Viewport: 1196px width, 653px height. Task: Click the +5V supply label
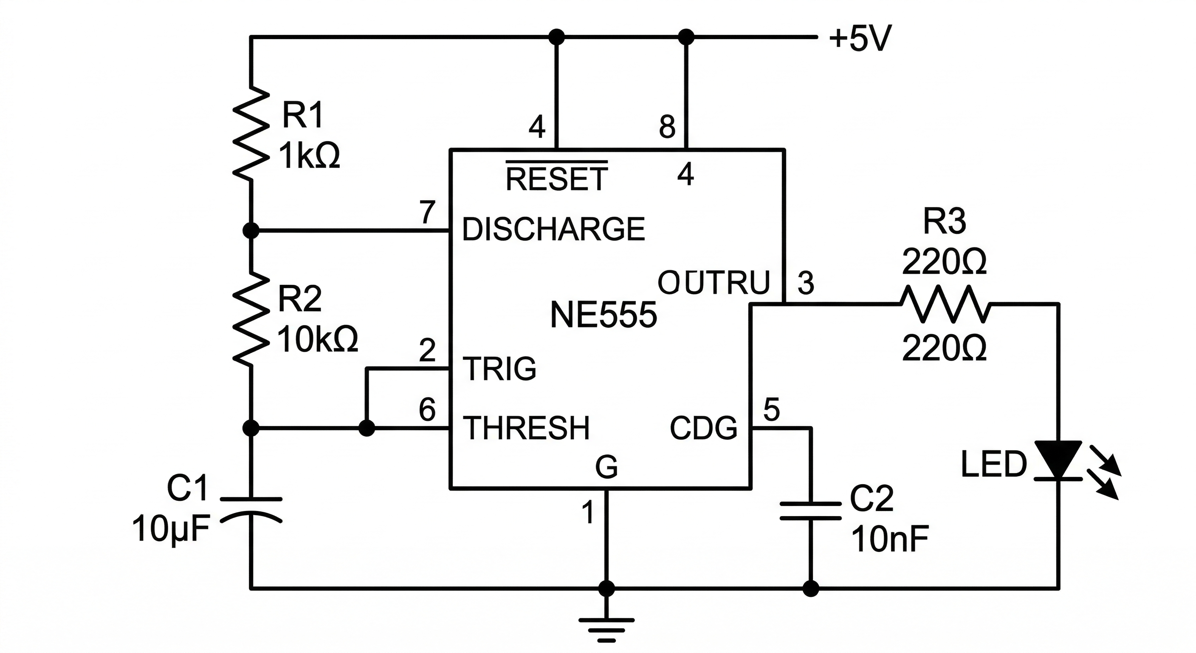[x=860, y=38]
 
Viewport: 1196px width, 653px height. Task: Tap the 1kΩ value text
[x=309, y=156]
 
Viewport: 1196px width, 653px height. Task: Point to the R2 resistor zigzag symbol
[x=251, y=318]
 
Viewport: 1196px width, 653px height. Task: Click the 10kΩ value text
[x=318, y=339]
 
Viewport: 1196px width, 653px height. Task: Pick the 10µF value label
[x=171, y=529]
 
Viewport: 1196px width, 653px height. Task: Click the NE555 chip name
[x=603, y=315]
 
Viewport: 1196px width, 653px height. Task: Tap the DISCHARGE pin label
[x=553, y=229]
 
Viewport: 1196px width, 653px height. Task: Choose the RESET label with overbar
[x=556, y=178]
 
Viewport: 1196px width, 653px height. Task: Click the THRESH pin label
[x=527, y=428]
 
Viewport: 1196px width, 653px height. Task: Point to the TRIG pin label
[x=499, y=369]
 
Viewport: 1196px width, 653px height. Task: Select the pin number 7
[x=428, y=213]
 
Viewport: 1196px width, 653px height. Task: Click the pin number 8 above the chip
[x=667, y=126]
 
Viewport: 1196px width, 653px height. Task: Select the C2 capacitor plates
[x=811, y=510]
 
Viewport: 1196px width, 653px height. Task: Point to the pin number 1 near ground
[x=588, y=512]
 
